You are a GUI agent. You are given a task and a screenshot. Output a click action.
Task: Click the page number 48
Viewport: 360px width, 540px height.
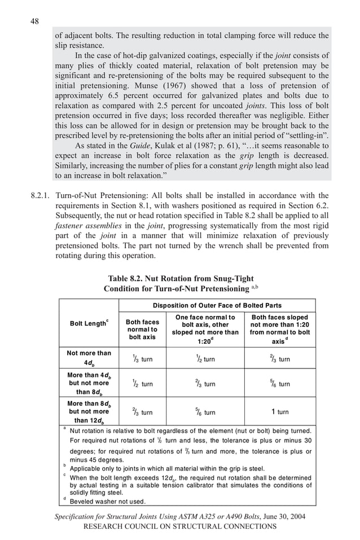tap(34, 21)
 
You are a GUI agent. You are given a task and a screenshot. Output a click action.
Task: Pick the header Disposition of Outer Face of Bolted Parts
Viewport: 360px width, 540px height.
tap(217, 305)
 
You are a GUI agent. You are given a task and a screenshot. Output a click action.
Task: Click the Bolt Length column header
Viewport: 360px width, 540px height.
tap(89, 323)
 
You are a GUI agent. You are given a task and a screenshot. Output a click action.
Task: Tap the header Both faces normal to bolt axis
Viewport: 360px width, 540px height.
tap(142, 329)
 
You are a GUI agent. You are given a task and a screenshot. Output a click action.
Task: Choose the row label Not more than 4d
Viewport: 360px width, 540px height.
tap(89, 358)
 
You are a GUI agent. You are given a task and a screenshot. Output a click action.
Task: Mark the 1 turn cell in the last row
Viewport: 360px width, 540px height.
tap(279, 412)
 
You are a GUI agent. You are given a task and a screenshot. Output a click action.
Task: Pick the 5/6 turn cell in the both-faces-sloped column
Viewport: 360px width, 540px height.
tap(279, 384)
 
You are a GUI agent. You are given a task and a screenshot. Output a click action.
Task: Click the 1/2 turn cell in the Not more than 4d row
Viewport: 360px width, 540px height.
tap(205, 359)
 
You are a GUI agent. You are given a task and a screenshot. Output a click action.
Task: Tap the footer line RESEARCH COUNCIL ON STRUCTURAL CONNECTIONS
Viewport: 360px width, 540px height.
tap(179, 526)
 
